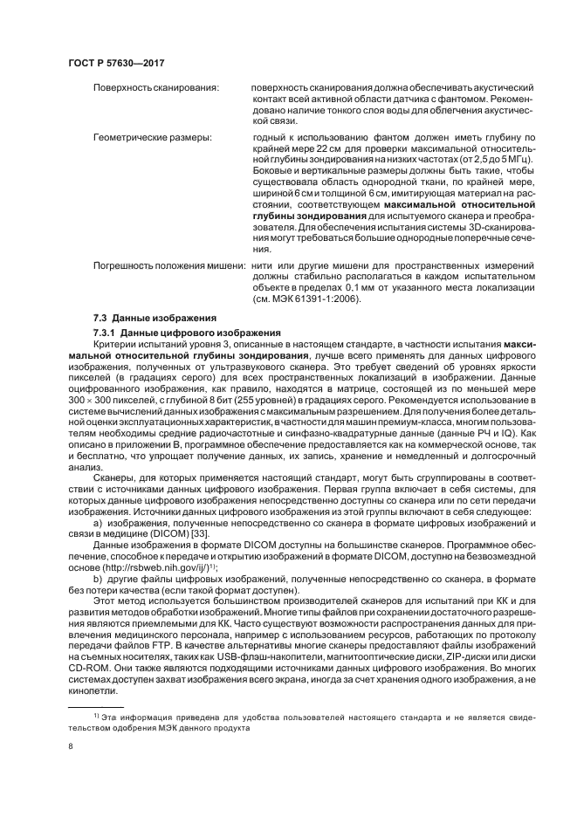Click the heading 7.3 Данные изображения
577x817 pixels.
pos(151,317)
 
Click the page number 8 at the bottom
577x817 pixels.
pos(70,746)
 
